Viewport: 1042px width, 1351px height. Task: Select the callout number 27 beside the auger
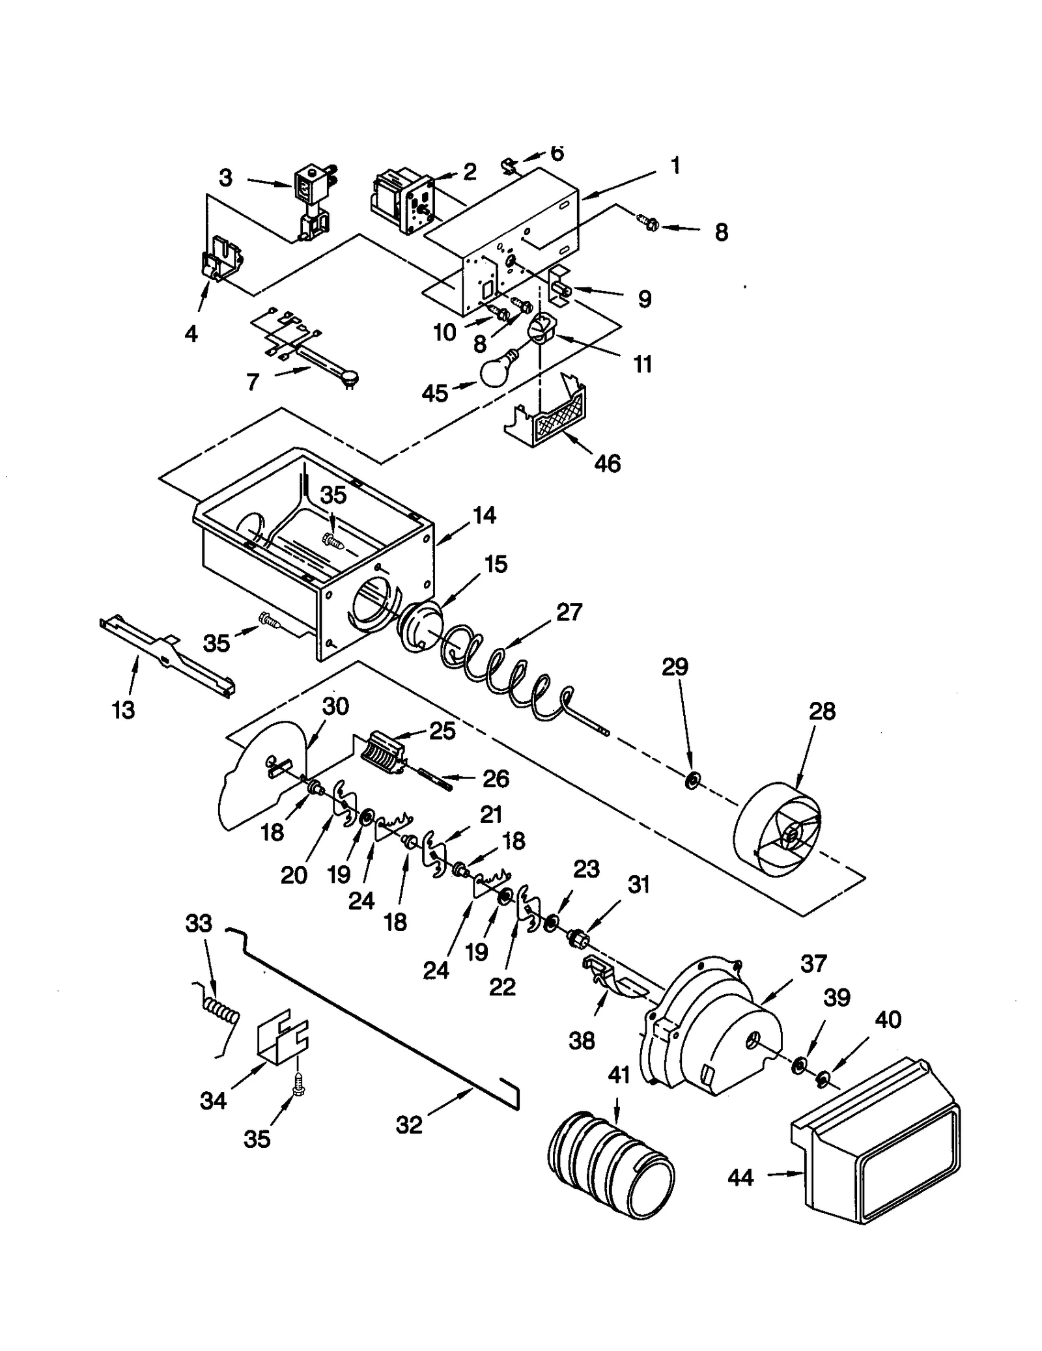coord(569,613)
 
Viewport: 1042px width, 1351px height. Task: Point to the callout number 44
coord(741,1178)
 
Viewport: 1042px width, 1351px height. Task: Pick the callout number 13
coord(123,709)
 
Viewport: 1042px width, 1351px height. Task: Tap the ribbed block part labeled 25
coord(383,755)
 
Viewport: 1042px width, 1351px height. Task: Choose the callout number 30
coord(335,706)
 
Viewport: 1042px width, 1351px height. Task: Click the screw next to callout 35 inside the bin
coord(333,540)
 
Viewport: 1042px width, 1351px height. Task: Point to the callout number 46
coord(607,464)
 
